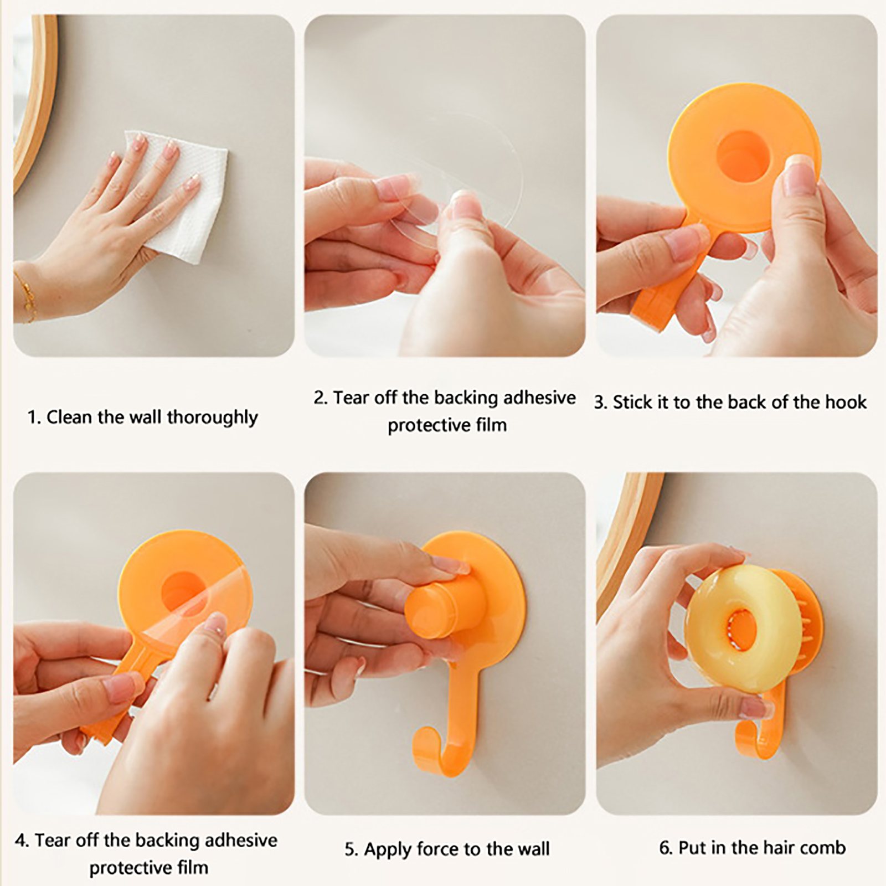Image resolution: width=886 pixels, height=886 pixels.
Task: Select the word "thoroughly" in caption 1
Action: point(213,418)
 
